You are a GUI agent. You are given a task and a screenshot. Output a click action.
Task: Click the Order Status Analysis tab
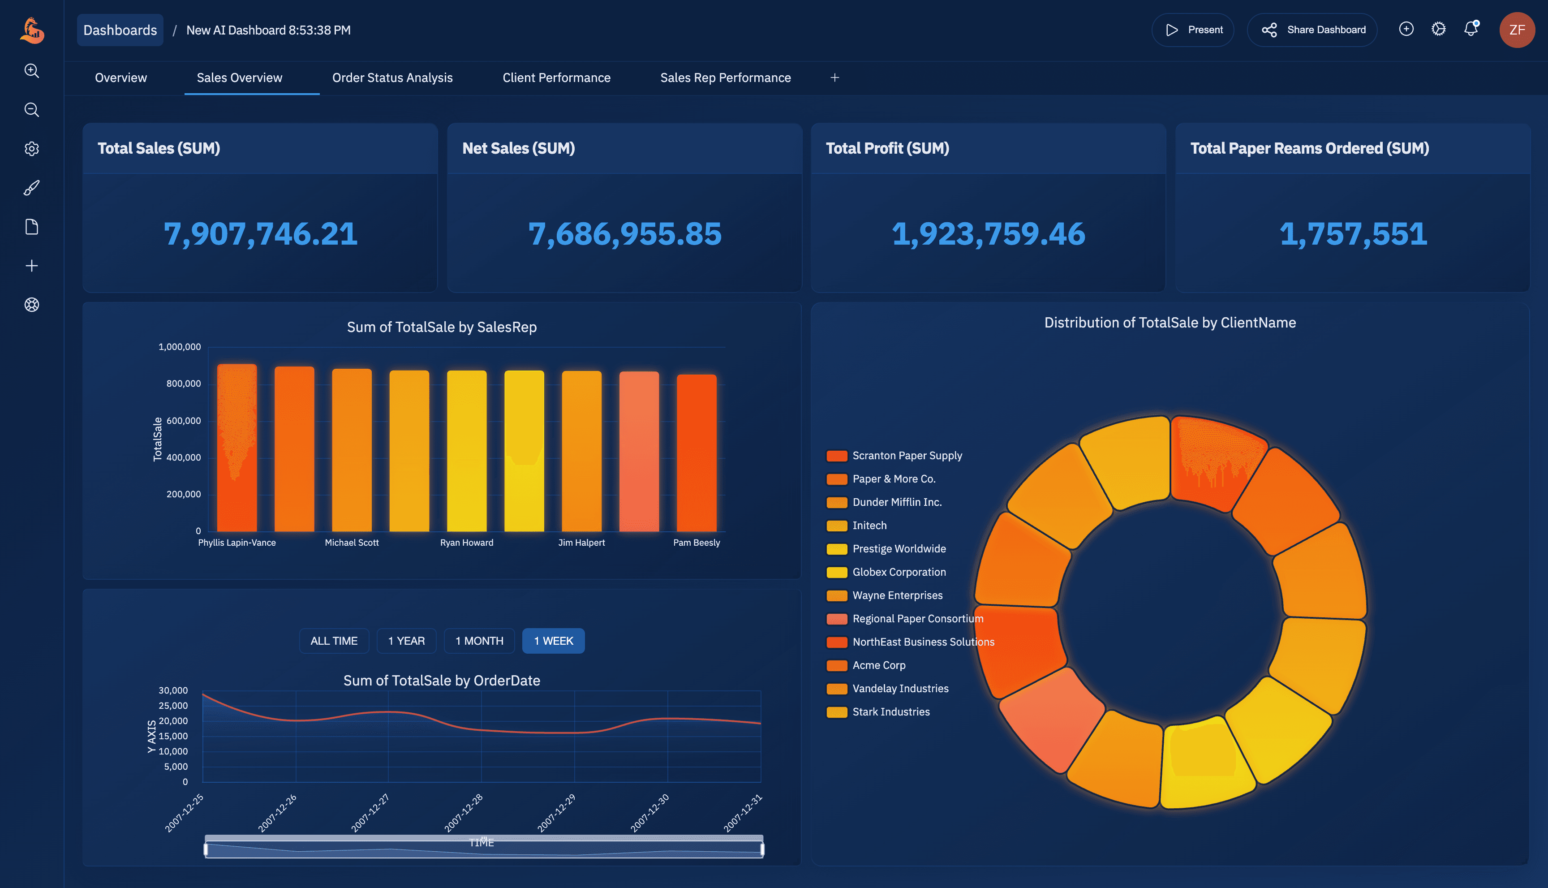(x=392, y=78)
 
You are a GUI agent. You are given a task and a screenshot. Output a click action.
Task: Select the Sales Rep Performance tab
(x=725, y=78)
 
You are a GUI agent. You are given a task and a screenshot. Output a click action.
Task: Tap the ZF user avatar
(x=1516, y=30)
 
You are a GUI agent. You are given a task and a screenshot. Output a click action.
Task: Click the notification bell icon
(x=1471, y=29)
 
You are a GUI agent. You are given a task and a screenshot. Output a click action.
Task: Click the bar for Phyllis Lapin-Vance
(x=236, y=448)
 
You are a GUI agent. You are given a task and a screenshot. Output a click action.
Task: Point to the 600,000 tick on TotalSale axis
(x=184, y=421)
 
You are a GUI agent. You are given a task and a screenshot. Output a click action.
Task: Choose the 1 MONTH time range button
(x=479, y=641)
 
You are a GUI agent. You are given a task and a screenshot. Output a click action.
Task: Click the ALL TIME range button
(x=334, y=641)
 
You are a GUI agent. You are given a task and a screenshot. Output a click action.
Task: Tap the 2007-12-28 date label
(x=463, y=813)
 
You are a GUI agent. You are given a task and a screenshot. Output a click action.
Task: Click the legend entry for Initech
(x=869, y=526)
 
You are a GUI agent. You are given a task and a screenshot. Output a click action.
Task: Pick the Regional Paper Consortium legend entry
(x=917, y=618)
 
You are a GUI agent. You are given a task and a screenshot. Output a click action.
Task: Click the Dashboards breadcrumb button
(x=120, y=30)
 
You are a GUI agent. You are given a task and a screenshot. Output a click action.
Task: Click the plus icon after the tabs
(x=834, y=78)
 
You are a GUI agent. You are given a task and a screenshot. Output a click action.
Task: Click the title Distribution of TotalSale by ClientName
(x=1170, y=323)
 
